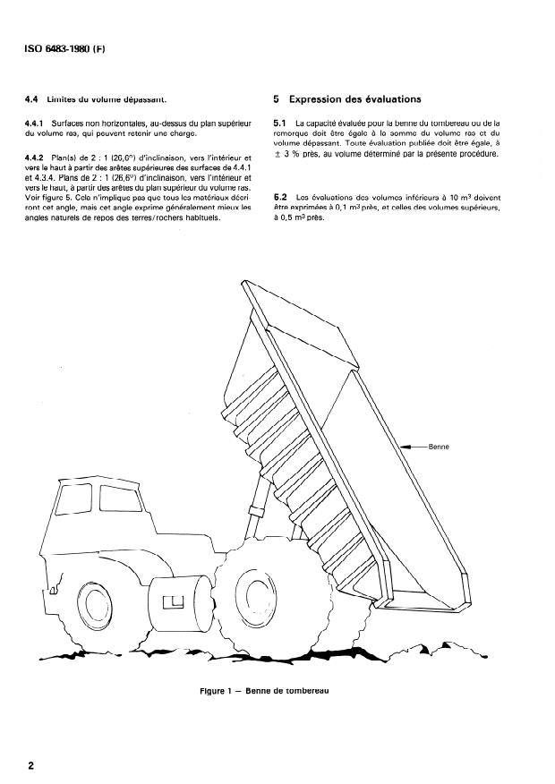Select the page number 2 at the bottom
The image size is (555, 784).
32,766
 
